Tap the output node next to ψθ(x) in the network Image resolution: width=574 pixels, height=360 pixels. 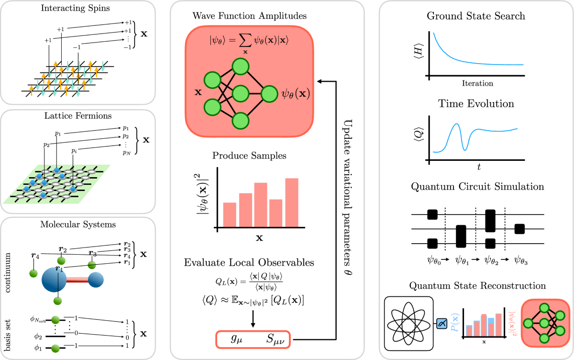(x=269, y=93)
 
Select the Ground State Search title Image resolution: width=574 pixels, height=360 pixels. (x=476, y=16)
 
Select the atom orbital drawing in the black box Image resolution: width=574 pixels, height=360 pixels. (x=409, y=324)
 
